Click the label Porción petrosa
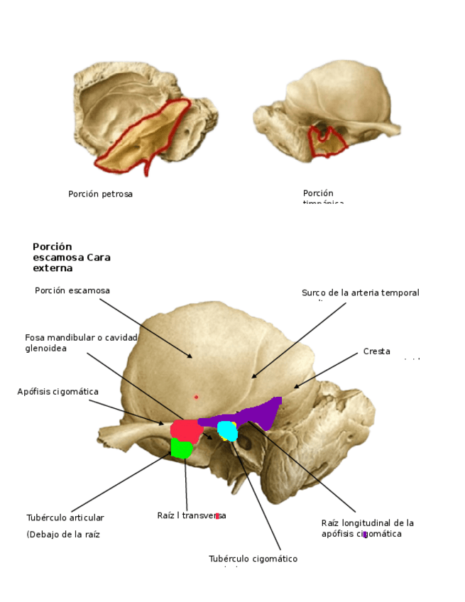coord(100,194)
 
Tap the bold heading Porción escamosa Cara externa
coord(71,257)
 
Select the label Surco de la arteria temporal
coord(360,292)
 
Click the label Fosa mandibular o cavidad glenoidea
coord(80,342)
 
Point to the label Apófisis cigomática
coord(58,391)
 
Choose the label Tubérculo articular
coord(65,518)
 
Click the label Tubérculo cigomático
coord(253,559)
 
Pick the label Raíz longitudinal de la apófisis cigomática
coord(366,527)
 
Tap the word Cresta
coord(376,351)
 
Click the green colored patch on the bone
coord(182,448)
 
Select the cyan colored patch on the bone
coord(227,430)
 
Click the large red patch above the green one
coord(186,429)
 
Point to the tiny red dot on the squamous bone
coord(196,397)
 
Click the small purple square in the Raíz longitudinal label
coord(365,534)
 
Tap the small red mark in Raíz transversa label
coord(217,516)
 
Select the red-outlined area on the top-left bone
coord(142,138)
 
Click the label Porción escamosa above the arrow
coord(72,290)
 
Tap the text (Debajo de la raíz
coord(62,535)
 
